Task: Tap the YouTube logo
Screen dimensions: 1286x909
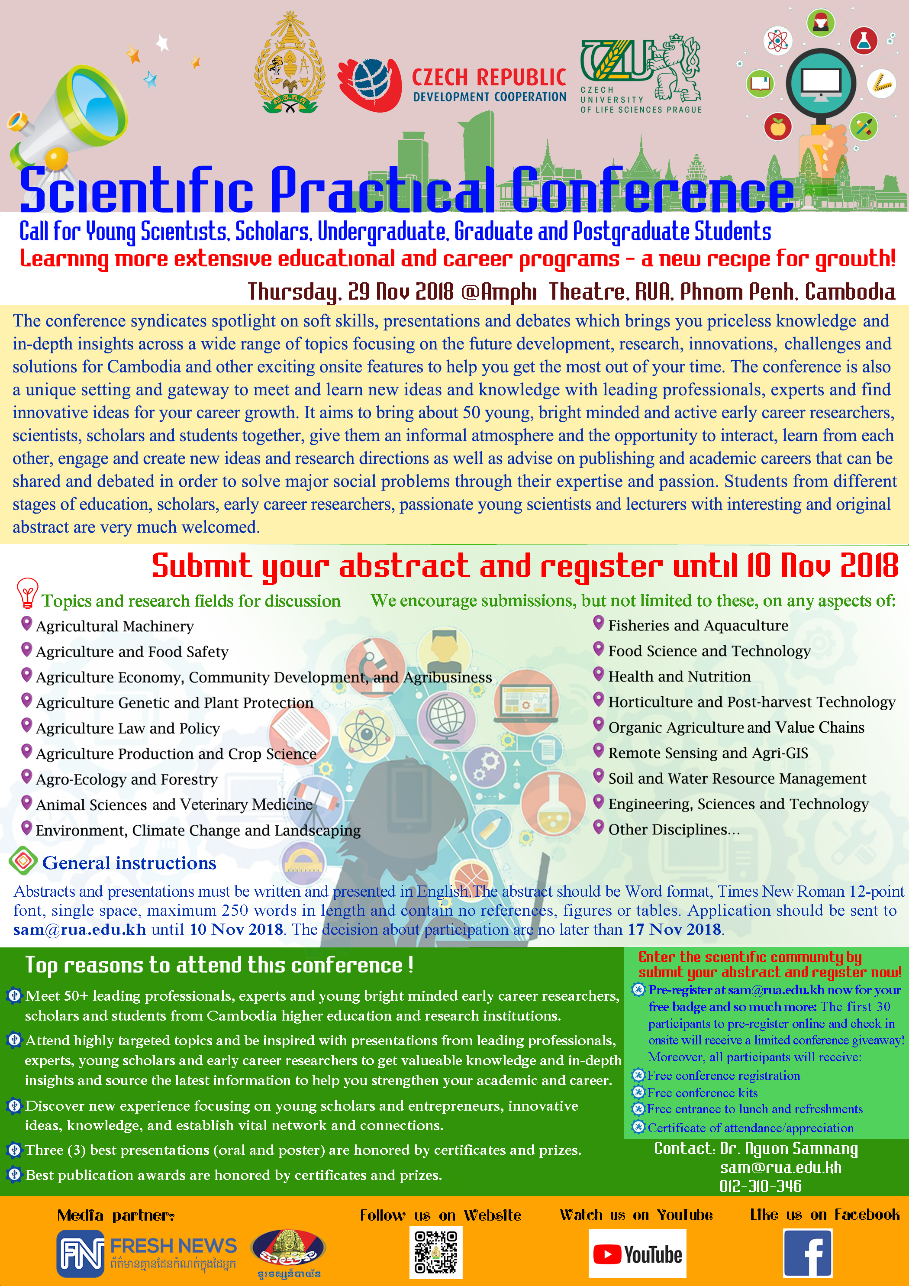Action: coord(637,1254)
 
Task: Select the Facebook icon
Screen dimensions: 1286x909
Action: coord(807,1253)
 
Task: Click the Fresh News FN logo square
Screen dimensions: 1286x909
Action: coord(80,1253)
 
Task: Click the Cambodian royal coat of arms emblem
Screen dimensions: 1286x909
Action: coord(290,65)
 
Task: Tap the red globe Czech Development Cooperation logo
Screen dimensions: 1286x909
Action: coord(370,84)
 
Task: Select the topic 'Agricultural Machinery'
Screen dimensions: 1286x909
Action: coord(115,626)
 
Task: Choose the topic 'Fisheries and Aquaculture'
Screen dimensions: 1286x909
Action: coord(698,626)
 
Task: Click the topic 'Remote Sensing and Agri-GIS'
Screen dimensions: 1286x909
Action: coord(708,753)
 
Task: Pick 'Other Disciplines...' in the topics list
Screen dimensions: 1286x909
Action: coord(674,830)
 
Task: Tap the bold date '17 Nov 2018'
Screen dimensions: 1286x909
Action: coord(674,929)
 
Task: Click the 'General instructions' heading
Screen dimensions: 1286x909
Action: coord(129,863)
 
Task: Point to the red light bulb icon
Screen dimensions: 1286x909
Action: coord(27,593)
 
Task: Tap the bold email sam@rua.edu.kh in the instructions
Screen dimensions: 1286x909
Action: coord(80,929)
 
